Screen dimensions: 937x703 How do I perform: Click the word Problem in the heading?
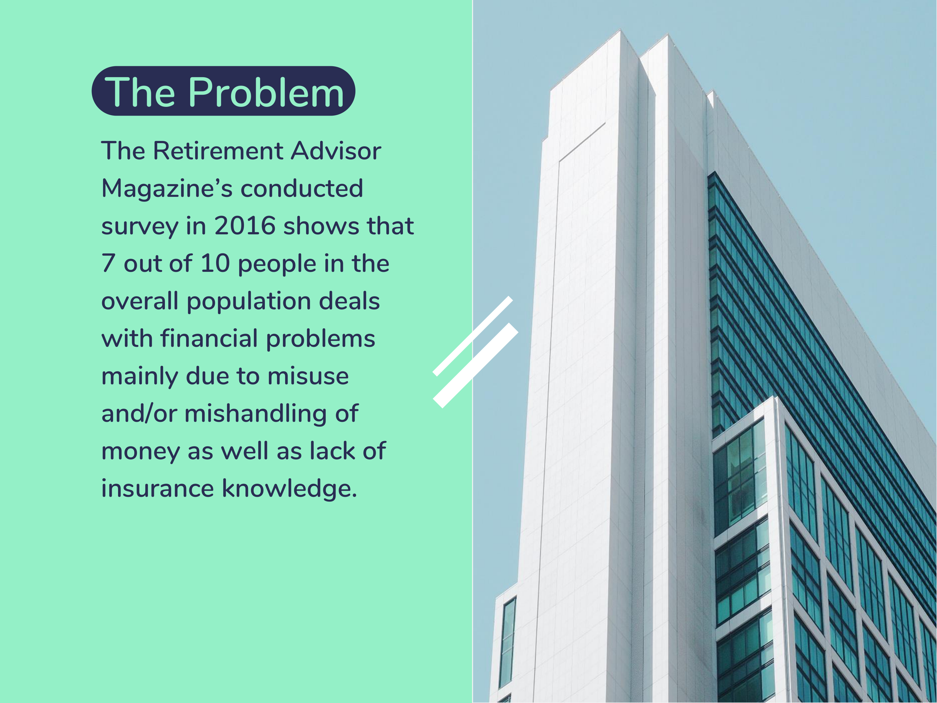(266, 92)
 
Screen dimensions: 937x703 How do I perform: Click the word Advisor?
(336, 151)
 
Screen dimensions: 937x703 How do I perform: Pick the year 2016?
(245, 226)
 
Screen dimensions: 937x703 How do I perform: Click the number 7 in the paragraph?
(108, 264)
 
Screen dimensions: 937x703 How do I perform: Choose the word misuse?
(308, 376)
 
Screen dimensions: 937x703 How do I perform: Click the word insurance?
(158, 489)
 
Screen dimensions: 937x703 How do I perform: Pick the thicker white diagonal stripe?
(475, 366)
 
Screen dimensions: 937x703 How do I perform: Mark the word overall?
(140, 301)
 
